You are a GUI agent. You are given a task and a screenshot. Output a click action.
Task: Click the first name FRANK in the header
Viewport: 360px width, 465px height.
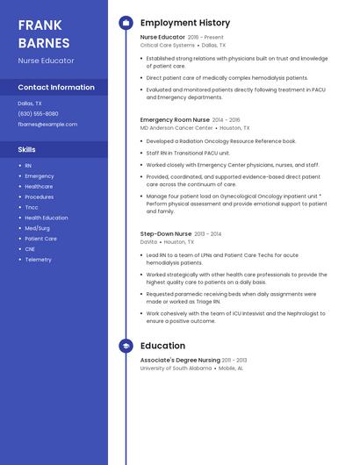tap(40, 25)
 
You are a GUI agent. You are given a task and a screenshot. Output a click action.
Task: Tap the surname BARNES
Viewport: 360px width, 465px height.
tap(44, 42)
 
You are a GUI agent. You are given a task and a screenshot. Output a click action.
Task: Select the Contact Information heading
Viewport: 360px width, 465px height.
tap(56, 88)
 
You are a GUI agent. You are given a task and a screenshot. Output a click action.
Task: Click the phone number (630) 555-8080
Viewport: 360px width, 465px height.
tap(38, 113)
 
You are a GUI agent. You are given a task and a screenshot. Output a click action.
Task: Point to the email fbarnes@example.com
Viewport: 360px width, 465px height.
tap(47, 125)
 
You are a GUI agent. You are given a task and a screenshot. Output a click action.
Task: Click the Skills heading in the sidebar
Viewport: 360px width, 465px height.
tap(26, 150)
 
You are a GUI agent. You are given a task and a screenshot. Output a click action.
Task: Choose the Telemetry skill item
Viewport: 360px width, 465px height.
tap(38, 260)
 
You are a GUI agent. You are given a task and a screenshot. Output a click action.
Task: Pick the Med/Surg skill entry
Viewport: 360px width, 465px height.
tap(37, 228)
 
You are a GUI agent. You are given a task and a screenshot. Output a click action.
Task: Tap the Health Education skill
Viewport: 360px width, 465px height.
tap(46, 218)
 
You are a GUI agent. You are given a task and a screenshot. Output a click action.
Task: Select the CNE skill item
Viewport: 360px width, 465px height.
tap(30, 249)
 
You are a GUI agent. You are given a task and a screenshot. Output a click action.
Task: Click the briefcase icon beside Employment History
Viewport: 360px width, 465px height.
tap(126, 23)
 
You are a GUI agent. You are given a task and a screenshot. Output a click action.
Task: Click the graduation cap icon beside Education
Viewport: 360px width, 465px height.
tap(126, 347)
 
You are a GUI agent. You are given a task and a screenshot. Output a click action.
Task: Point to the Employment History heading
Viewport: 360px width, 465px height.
tap(184, 23)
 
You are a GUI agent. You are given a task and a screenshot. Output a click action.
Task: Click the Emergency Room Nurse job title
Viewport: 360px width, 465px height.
tap(175, 119)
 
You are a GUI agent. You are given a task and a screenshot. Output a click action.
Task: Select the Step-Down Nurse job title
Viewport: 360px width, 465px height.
tap(165, 234)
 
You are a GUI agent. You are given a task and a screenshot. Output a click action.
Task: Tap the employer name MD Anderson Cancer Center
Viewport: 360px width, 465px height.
tap(176, 127)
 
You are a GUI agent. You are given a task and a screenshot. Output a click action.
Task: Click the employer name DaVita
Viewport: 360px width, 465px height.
tap(148, 241)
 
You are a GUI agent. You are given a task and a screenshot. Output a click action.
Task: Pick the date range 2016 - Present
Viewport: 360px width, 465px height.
tap(206, 38)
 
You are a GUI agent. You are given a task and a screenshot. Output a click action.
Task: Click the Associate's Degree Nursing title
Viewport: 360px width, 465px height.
tap(180, 361)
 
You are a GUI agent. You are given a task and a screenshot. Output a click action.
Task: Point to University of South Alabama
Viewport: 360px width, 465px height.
tap(176, 368)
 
